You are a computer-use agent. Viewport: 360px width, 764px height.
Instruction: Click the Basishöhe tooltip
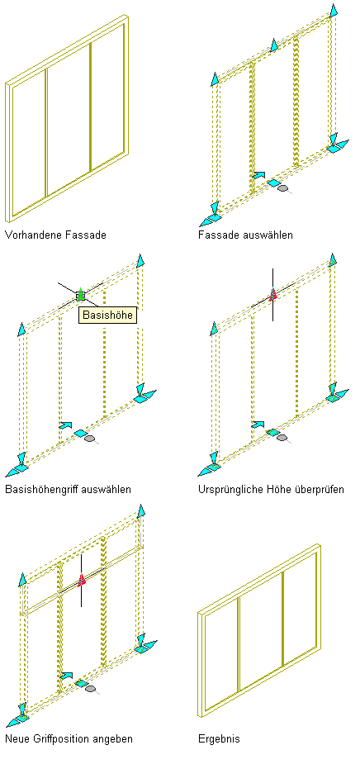tap(107, 315)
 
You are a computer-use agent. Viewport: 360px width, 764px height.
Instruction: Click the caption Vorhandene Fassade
tap(55, 235)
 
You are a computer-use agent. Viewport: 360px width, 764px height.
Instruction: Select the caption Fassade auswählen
tap(245, 235)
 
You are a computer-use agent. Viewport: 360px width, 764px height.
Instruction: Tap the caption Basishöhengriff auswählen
tap(68, 489)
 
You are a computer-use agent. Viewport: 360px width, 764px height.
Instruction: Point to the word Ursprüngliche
tap(229, 489)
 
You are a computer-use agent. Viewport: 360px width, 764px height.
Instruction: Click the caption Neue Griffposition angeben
tap(69, 738)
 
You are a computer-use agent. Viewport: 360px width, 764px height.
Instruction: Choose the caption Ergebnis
tap(219, 739)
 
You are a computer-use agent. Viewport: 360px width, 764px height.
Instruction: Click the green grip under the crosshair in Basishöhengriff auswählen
tap(81, 294)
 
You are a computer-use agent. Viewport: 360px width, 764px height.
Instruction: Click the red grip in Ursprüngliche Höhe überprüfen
tap(272, 294)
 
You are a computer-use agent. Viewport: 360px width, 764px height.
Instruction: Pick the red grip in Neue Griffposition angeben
tap(82, 579)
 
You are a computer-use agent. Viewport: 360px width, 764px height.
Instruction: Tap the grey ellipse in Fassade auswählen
tap(282, 187)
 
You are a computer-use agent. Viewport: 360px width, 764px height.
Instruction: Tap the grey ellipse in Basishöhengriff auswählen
tap(89, 439)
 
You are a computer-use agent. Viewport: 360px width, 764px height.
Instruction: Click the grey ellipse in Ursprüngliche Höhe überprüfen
tap(282, 438)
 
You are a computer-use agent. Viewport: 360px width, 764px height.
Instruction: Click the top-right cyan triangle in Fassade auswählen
tap(334, 10)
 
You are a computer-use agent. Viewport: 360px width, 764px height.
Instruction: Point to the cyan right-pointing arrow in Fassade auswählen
tap(259, 174)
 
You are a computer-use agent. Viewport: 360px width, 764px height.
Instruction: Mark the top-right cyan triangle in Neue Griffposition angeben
tap(141, 511)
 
